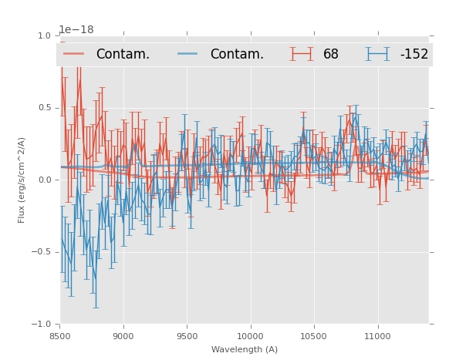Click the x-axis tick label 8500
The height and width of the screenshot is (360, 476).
(x=60, y=336)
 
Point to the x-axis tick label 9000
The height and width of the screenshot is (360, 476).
(x=123, y=336)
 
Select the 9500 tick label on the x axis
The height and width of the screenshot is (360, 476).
(x=187, y=336)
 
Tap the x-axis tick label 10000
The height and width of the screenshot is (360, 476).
(x=250, y=336)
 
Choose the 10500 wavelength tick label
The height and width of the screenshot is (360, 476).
(x=313, y=336)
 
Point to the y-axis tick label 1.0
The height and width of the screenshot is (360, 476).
(x=44, y=35)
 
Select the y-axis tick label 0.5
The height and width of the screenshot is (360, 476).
(x=44, y=108)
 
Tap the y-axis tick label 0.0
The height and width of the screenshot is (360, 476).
(x=44, y=180)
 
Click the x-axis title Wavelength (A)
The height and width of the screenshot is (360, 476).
(x=245, y=349)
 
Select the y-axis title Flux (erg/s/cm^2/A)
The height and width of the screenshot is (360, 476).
(x=22, y=180)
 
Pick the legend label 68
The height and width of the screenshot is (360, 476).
(x=331, y=55)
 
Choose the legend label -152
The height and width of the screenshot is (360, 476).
(x=414, y=55)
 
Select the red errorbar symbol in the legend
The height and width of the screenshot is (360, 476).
(x=302, y=54)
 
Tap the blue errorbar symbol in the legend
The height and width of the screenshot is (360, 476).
(x=377, y=54)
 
